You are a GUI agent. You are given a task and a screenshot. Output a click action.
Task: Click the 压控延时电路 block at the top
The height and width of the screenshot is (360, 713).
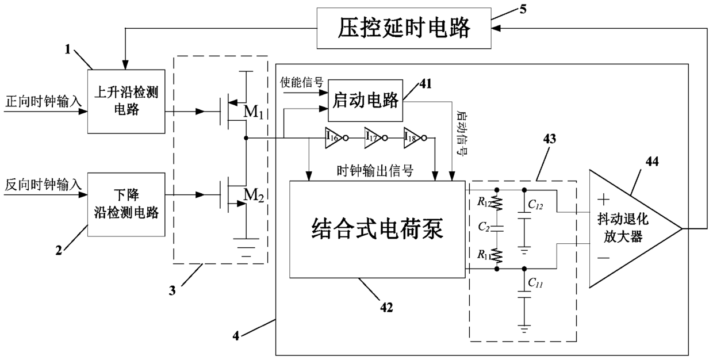(404, 27)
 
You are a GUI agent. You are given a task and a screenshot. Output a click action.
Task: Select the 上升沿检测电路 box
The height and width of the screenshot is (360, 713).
(124, 100)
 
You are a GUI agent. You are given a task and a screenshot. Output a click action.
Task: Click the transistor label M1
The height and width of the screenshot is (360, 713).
(254, 112)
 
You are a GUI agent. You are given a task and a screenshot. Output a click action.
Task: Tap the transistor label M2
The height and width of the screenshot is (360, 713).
(254, 197)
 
